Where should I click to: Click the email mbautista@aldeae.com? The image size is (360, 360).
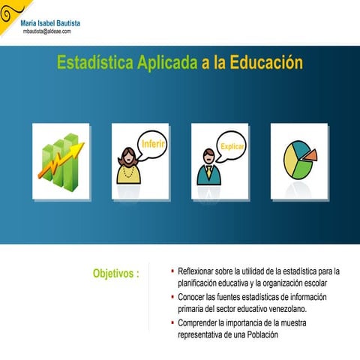pos(46,31)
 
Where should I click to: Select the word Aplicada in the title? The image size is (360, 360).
pos(166,63)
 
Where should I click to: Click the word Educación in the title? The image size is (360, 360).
pos(266,63)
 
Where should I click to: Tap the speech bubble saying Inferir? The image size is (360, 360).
pos(154,143)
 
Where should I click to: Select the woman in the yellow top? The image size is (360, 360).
pos(127,166)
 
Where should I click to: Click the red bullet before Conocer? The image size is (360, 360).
pos(172,297)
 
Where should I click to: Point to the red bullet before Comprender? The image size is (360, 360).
pos(172,323)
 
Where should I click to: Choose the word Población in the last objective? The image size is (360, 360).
pos(259,335)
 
